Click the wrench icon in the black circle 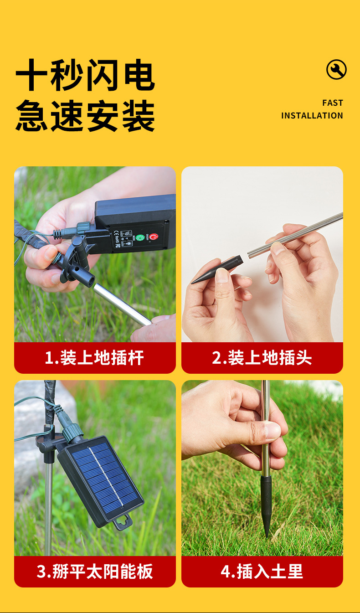(336, 70)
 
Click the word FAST (332, 103)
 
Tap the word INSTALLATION (312, 116)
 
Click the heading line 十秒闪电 (85, 76)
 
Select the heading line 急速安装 (85, 116)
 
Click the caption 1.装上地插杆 (95, 358)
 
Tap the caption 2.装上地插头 (262, 358)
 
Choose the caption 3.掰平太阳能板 (95, 572)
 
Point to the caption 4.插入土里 (262, 572)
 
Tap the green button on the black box (140, 238)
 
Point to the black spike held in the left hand (217, 269)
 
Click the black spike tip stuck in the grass (266, 506)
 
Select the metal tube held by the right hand (296, 235)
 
